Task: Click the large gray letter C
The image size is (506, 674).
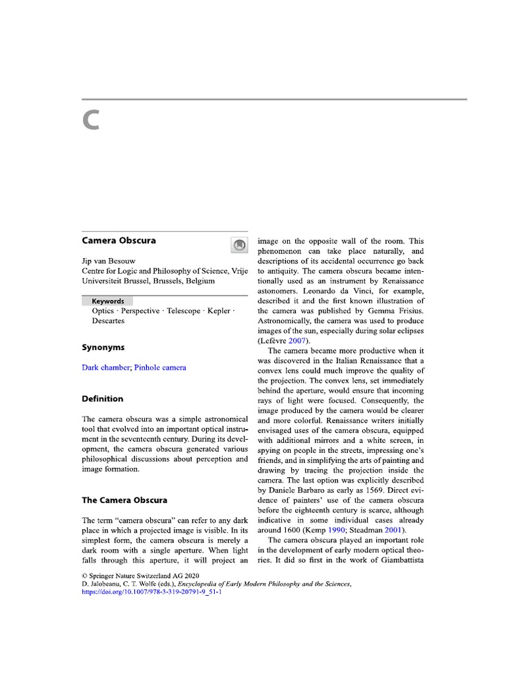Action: click(x=91, y=120)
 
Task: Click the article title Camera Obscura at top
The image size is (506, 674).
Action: click(x=119, y=240)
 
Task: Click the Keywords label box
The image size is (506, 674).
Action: click(x=107, y=301)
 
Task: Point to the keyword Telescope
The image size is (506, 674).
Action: click(x=183, y=311)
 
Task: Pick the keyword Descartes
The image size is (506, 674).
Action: click(x=108, y=321)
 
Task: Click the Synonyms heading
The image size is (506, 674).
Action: click(x=103, y=347)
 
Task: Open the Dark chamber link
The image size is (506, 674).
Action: click(x=105, y=367)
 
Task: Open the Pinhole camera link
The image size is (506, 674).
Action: click(x=160, y=367)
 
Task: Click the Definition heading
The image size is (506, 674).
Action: click(x=102, y=398)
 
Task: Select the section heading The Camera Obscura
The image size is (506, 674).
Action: click(x=124, y=500)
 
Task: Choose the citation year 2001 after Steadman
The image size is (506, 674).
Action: click(x=394, y=531)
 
